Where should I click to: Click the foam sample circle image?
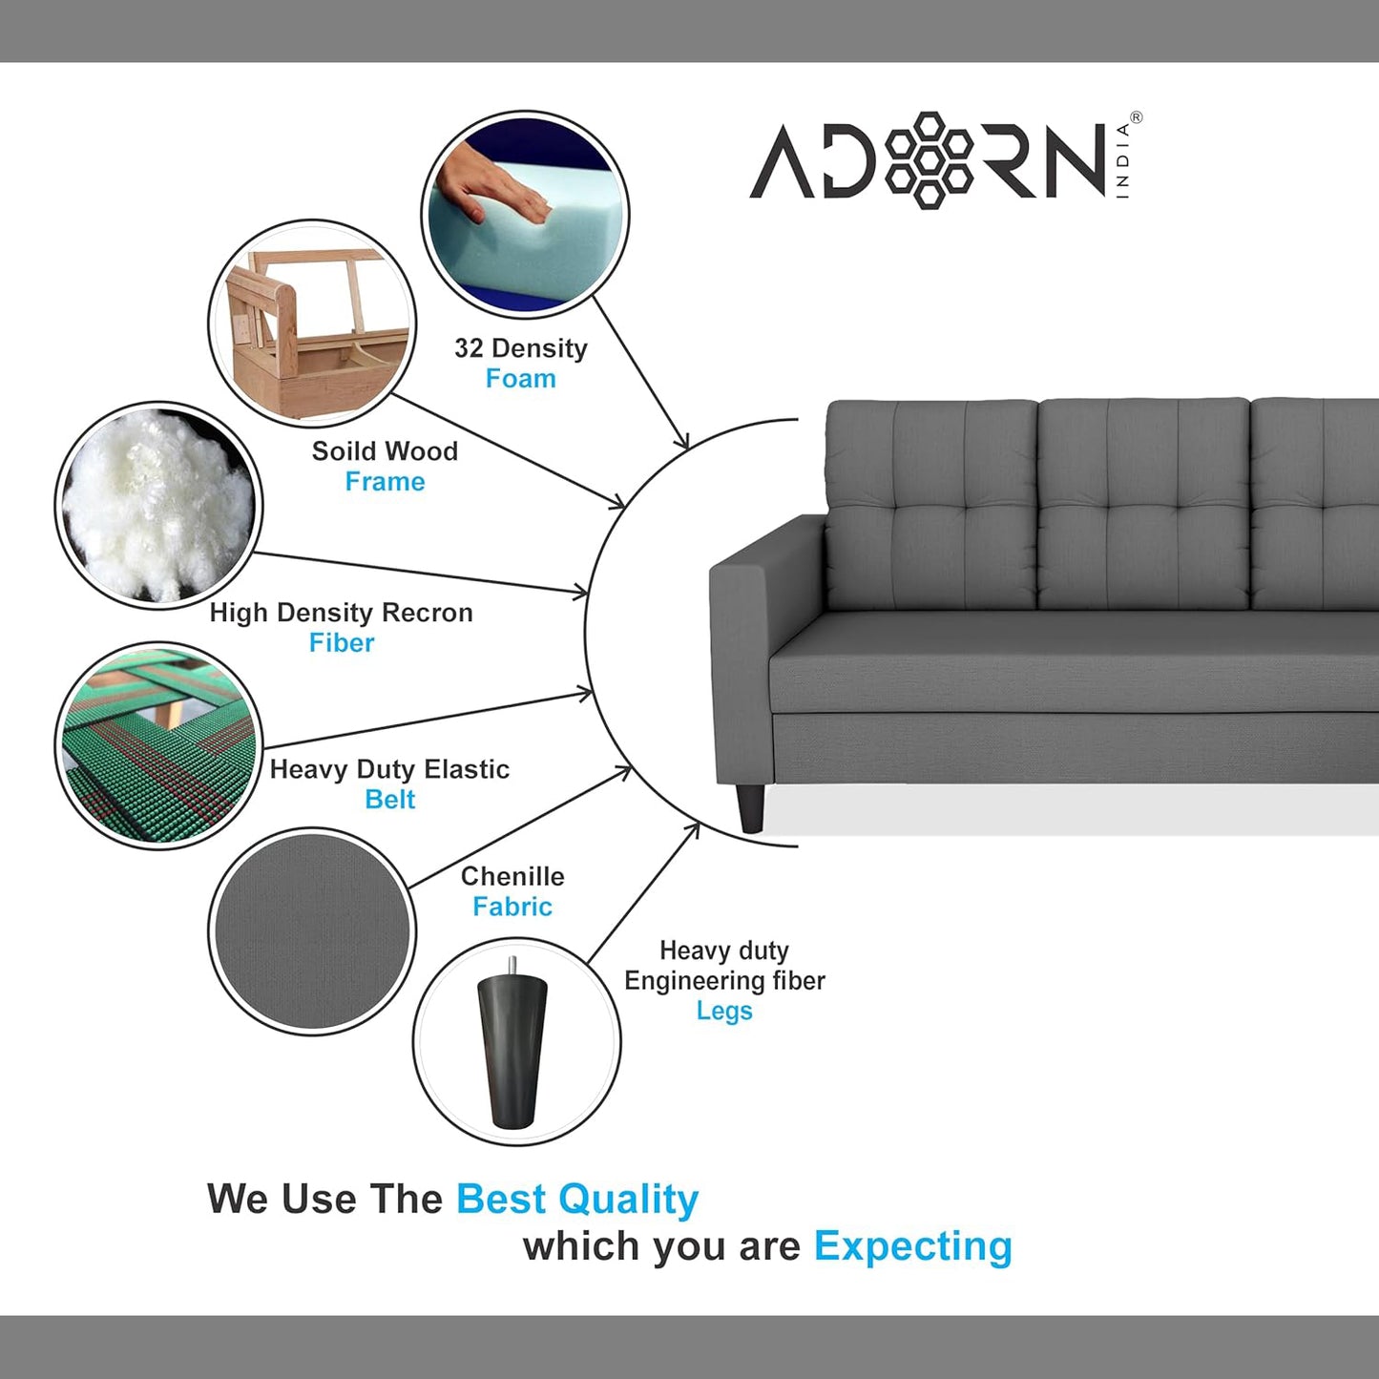click(x=525, y=215)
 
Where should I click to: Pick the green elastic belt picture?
click(x=158, y=746)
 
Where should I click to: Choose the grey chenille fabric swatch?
click(x=312, y=931)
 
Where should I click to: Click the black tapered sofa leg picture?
click(x=515, y=1042)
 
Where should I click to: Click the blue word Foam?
click(x=520, y=379)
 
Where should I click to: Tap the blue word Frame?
click(x=385, y=482)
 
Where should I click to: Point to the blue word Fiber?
click(x=342, y=643)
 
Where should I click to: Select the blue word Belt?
click(x=389, y=800)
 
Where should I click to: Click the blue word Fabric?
click(x=512, y=907)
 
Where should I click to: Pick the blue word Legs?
click(x=724, y=1011)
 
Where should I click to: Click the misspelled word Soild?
click(x=340, y=451)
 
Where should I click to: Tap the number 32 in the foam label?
click(x=469, y=348)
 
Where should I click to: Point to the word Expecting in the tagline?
click(x=912, y=1246)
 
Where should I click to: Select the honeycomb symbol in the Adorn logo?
click(x=929, y=160)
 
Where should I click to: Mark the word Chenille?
click(x=512, y=876)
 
